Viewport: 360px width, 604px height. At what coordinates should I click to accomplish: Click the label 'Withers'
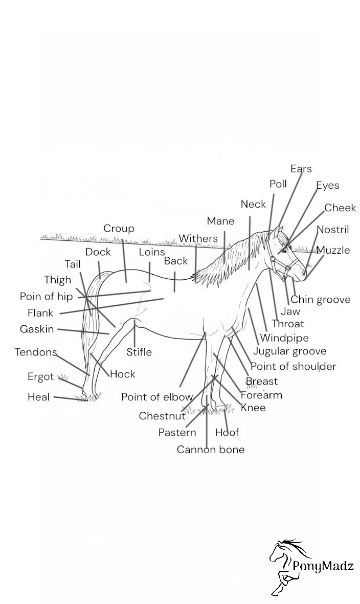(198, 238)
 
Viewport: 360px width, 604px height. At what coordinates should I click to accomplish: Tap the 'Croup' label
(119, 229)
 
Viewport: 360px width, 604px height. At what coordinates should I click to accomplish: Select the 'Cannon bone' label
(211, 450)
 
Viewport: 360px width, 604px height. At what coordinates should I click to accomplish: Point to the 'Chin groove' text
(321, 300)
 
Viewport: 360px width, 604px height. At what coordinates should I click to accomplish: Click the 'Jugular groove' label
(289, 351)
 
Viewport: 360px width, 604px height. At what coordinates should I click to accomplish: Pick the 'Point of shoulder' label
(293, 366)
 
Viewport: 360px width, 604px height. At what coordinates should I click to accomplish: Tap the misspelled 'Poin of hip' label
(46, 297)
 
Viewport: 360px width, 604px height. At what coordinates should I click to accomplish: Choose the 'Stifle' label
(139, 352)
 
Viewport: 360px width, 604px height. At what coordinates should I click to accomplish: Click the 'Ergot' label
(40, 377)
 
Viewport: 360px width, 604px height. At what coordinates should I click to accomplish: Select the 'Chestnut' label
(162, 416)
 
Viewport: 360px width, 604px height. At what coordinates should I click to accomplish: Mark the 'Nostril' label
(332, 230)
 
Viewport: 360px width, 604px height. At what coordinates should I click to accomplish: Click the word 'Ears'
(301, 169)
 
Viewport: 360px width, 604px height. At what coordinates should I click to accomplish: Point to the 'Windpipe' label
(284, 338)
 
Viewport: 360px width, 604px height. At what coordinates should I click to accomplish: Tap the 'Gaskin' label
(37, 329)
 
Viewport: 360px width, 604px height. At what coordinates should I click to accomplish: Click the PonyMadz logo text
(323, 566)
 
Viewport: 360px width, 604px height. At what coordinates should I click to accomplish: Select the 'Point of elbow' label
(157, 397)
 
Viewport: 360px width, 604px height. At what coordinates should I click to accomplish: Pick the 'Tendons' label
(35, 352)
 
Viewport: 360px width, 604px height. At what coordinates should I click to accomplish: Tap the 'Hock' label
(123, 374)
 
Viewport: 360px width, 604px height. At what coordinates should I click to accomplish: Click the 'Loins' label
(152, 252)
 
